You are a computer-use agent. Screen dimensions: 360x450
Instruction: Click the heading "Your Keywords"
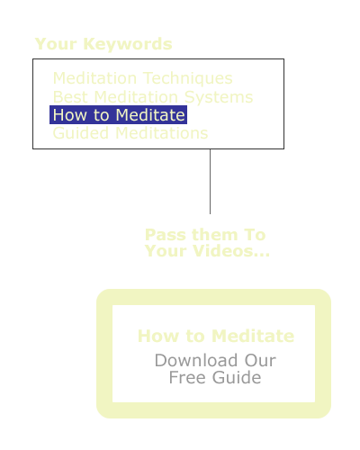[103, 44]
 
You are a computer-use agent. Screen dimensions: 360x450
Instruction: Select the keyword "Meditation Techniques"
[143, 78]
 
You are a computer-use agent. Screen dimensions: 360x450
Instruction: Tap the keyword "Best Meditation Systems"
[153, 97]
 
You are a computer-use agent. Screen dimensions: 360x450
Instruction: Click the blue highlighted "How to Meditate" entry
[119, 115]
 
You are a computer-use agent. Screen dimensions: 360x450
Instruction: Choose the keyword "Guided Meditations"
[130, 133]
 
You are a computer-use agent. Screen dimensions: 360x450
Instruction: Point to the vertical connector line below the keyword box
[210, 182]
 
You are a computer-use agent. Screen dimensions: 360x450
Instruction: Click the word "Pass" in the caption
[165, 235]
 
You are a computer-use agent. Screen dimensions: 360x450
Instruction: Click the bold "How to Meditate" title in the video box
[216, 336]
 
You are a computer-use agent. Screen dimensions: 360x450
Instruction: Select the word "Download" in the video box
[196, 360]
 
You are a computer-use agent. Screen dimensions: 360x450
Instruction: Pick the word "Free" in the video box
[188, 377]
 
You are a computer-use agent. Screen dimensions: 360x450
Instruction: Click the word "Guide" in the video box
[237, 377]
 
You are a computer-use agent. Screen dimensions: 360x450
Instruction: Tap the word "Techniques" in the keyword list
[188, 78]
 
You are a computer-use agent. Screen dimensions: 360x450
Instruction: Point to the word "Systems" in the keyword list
[219, 97]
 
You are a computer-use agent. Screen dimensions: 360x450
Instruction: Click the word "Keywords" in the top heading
[128, 44]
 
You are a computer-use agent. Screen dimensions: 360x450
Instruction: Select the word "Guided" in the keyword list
[81, 133]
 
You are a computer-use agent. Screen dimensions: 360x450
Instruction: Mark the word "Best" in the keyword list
[70, 97]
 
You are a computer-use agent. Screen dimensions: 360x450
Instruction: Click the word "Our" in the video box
[260, 360]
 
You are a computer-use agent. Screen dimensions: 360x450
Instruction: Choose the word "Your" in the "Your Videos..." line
[166, 251]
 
